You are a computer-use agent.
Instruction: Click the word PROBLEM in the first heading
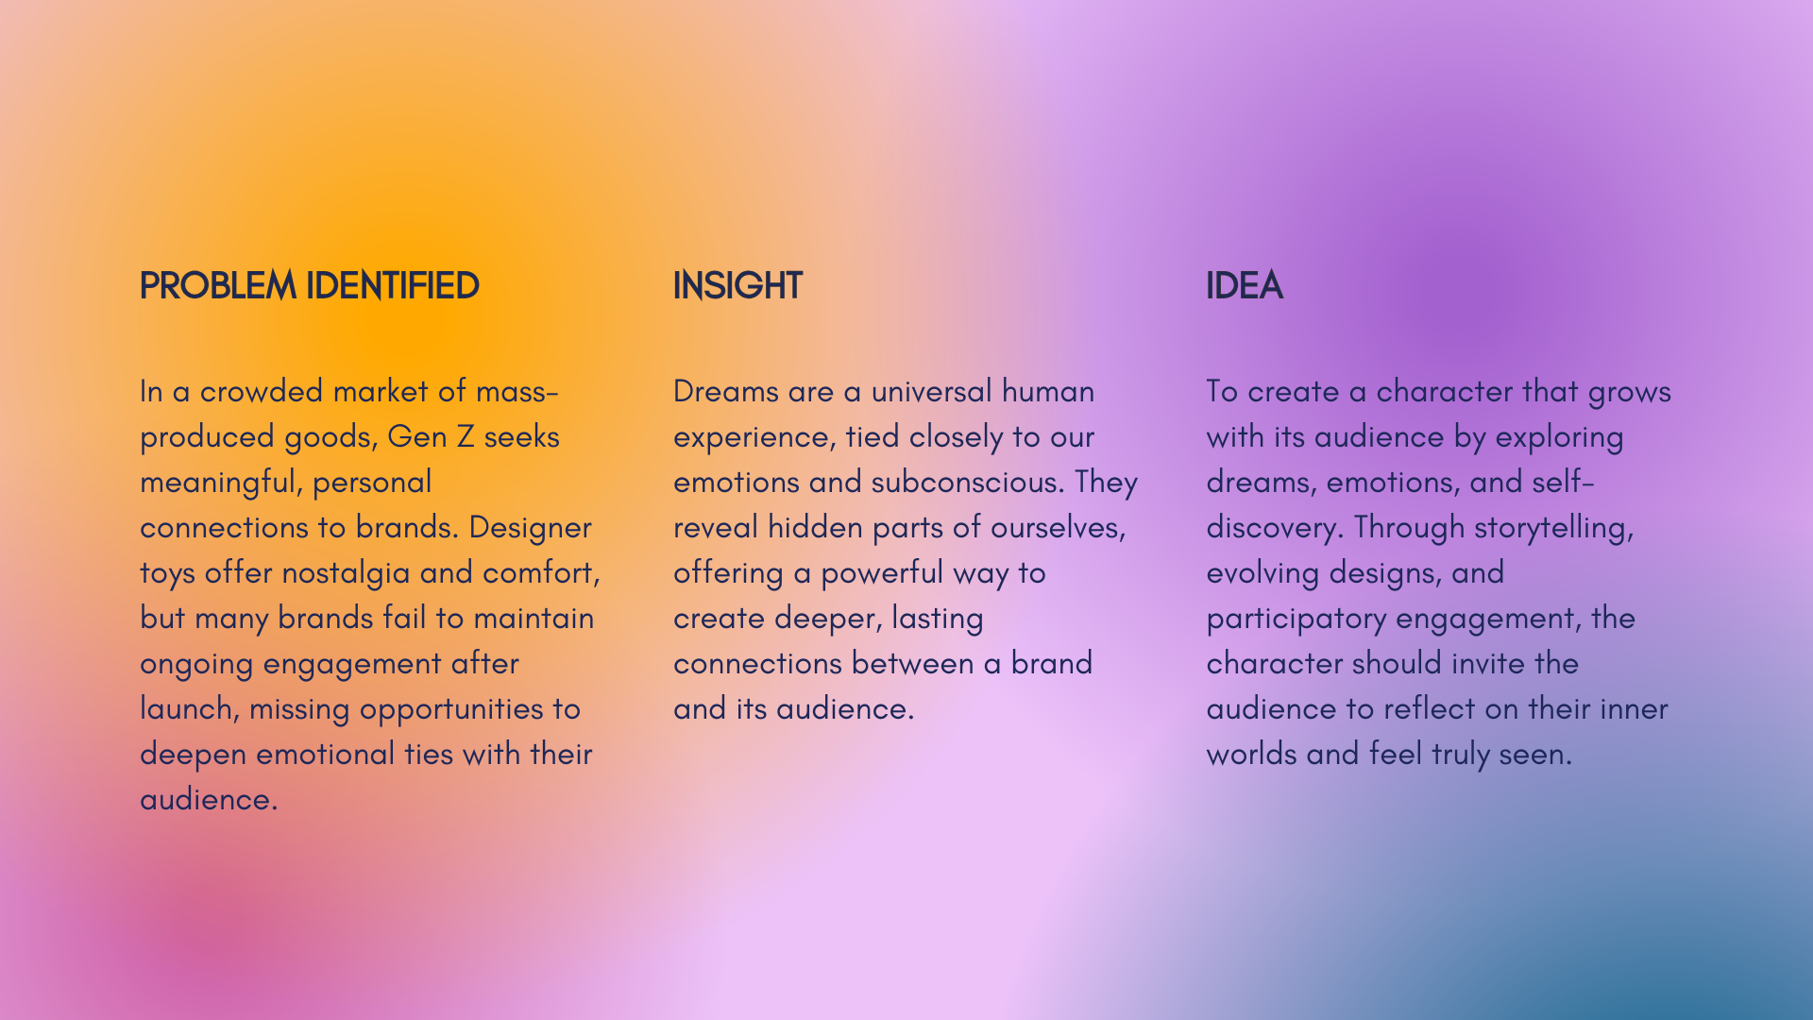pos(217,285)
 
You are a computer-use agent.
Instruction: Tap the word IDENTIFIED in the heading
pos(392,285)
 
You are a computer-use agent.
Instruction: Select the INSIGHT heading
pos(737,285)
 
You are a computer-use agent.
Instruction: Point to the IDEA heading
pos(1244,285)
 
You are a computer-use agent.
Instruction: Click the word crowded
pos(262,391)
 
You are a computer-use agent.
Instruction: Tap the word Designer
pos(530,527)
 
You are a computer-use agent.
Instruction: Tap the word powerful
pos(882,572)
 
